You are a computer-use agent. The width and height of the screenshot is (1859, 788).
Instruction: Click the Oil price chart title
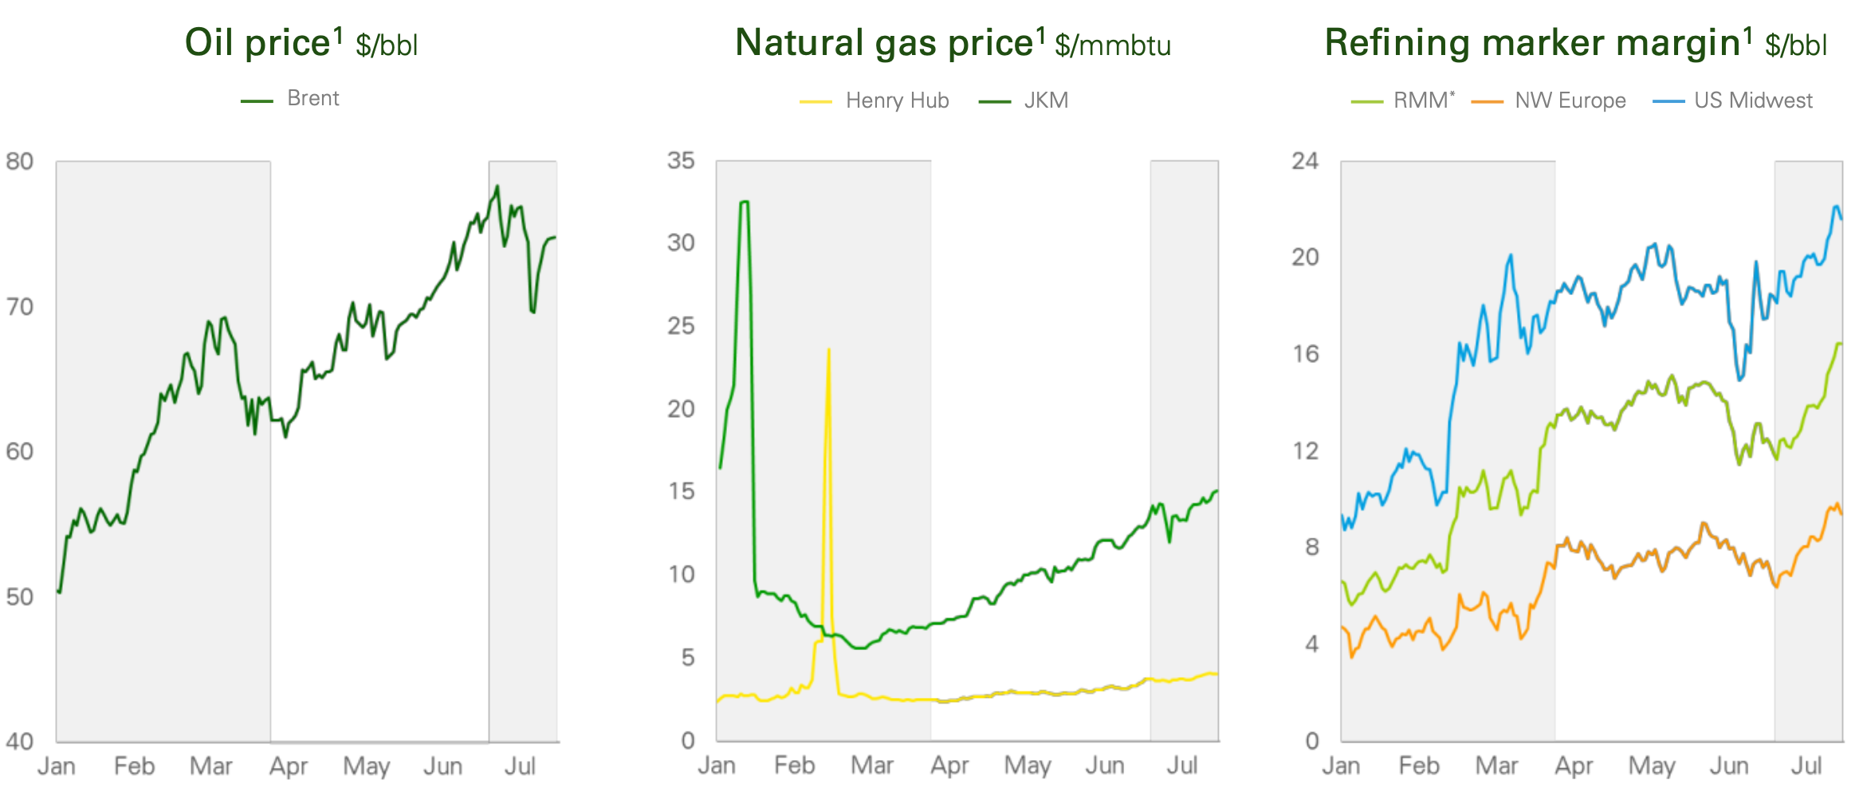(301, 43)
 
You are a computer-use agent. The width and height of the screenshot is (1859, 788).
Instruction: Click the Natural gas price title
(953, 43)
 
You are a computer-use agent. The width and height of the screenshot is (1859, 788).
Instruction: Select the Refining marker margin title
(1575, 43)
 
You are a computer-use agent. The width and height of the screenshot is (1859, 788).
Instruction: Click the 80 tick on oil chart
(19, 162)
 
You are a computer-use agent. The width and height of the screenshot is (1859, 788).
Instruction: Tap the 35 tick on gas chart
(681, 161)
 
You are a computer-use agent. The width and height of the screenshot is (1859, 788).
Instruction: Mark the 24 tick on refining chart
(1305, 161)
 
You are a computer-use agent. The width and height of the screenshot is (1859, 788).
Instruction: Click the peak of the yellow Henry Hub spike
(829, 349)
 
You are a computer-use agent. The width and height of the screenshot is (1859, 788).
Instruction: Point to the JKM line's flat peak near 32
(745, 202)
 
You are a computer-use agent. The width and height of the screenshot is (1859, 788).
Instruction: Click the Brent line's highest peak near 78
(497, 187)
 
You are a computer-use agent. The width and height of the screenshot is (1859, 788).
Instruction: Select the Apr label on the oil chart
(288, 766)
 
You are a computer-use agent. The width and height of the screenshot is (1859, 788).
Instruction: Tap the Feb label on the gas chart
(794, 766)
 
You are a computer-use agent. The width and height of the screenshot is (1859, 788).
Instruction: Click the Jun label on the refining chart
(1728, 766)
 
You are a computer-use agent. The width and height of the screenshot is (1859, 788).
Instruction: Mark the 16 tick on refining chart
(1305, 354)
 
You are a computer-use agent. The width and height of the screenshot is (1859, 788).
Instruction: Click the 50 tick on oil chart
(19, 597)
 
